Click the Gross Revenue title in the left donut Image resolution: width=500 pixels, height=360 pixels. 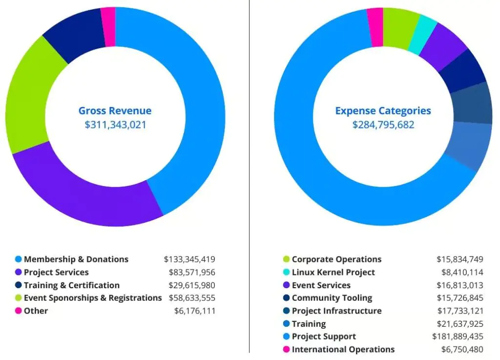coord(115,111)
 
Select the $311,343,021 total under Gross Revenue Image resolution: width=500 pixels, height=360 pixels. coord(115,125)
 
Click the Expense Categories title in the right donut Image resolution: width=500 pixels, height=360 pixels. coord(383,111)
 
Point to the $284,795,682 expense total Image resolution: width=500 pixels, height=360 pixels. coord(383,125)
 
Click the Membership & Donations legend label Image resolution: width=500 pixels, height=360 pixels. coord(76,259)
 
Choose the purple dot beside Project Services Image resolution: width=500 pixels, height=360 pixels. coord(19,272)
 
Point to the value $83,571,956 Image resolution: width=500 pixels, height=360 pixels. coord(192,272)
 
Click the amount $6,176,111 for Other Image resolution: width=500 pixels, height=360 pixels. coord(195,311)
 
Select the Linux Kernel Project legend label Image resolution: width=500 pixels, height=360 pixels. coord(333,272)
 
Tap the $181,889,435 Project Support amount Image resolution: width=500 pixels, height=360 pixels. coord(458,337)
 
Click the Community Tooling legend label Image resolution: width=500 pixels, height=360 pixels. coord(332,298)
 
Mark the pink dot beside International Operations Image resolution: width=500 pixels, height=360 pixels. coord(287,349)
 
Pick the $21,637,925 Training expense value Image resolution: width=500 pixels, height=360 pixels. coord(460,324)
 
